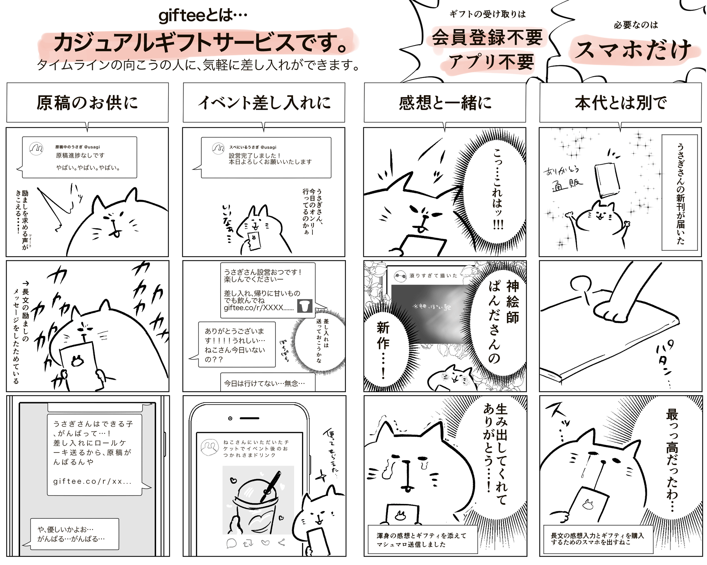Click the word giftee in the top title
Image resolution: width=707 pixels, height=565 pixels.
point(183,16)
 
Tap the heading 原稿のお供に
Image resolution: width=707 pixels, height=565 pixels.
point(87,103)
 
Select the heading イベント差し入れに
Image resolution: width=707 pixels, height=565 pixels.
point(264,103)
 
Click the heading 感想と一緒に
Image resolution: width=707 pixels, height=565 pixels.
point(445,103)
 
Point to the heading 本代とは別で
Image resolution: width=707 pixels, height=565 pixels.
point(620,103)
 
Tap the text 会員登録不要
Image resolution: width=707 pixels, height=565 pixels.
point(487,38)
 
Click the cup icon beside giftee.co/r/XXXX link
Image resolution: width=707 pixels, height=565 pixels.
point(304,306)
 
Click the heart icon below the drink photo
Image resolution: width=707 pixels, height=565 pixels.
point(265,543)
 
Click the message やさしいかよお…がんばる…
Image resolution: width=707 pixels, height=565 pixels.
point(74,534)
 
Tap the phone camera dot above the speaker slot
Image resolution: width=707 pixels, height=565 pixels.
point(230,418)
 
